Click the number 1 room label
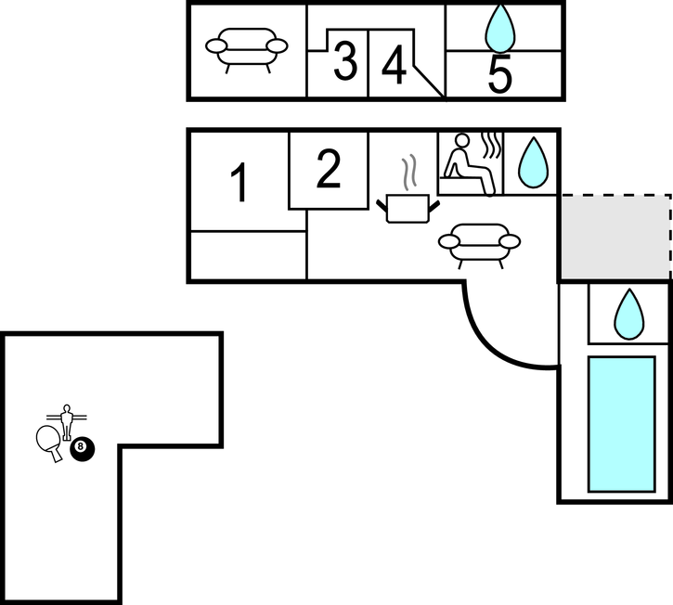coord(239,183)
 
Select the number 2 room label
coord(329,169)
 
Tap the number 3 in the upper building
coord(344,63)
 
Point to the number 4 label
coord(395,66)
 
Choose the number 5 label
coord(500,75)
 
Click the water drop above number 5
coord(502,28)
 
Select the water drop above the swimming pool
coord(629,314)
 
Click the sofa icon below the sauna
coord(479,244)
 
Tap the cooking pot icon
coord(407,207)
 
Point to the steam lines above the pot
coord(409,173)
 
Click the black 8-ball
coord(82,448)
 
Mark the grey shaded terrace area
coord(614,237)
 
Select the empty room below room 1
coord(247,255)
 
